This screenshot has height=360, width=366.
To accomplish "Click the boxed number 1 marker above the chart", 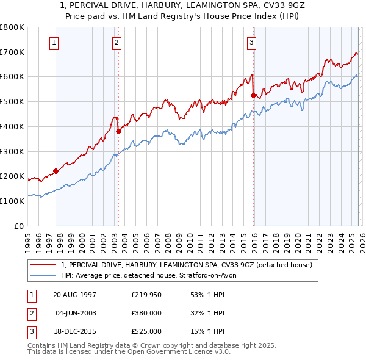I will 55,42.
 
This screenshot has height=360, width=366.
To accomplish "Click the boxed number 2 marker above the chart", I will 117,42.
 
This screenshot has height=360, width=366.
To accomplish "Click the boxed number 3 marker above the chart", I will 251,42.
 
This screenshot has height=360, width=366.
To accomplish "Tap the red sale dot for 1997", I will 56,171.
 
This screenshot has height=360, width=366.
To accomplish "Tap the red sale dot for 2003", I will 118,131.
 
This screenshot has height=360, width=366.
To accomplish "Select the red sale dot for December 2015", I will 253,95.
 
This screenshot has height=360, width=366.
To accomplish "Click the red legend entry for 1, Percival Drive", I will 187,265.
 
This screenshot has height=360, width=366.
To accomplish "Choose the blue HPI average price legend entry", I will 152,276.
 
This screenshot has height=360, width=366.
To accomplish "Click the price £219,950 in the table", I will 146,295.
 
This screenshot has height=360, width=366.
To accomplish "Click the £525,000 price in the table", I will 146,331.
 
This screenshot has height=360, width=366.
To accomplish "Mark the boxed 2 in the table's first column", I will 30,313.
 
